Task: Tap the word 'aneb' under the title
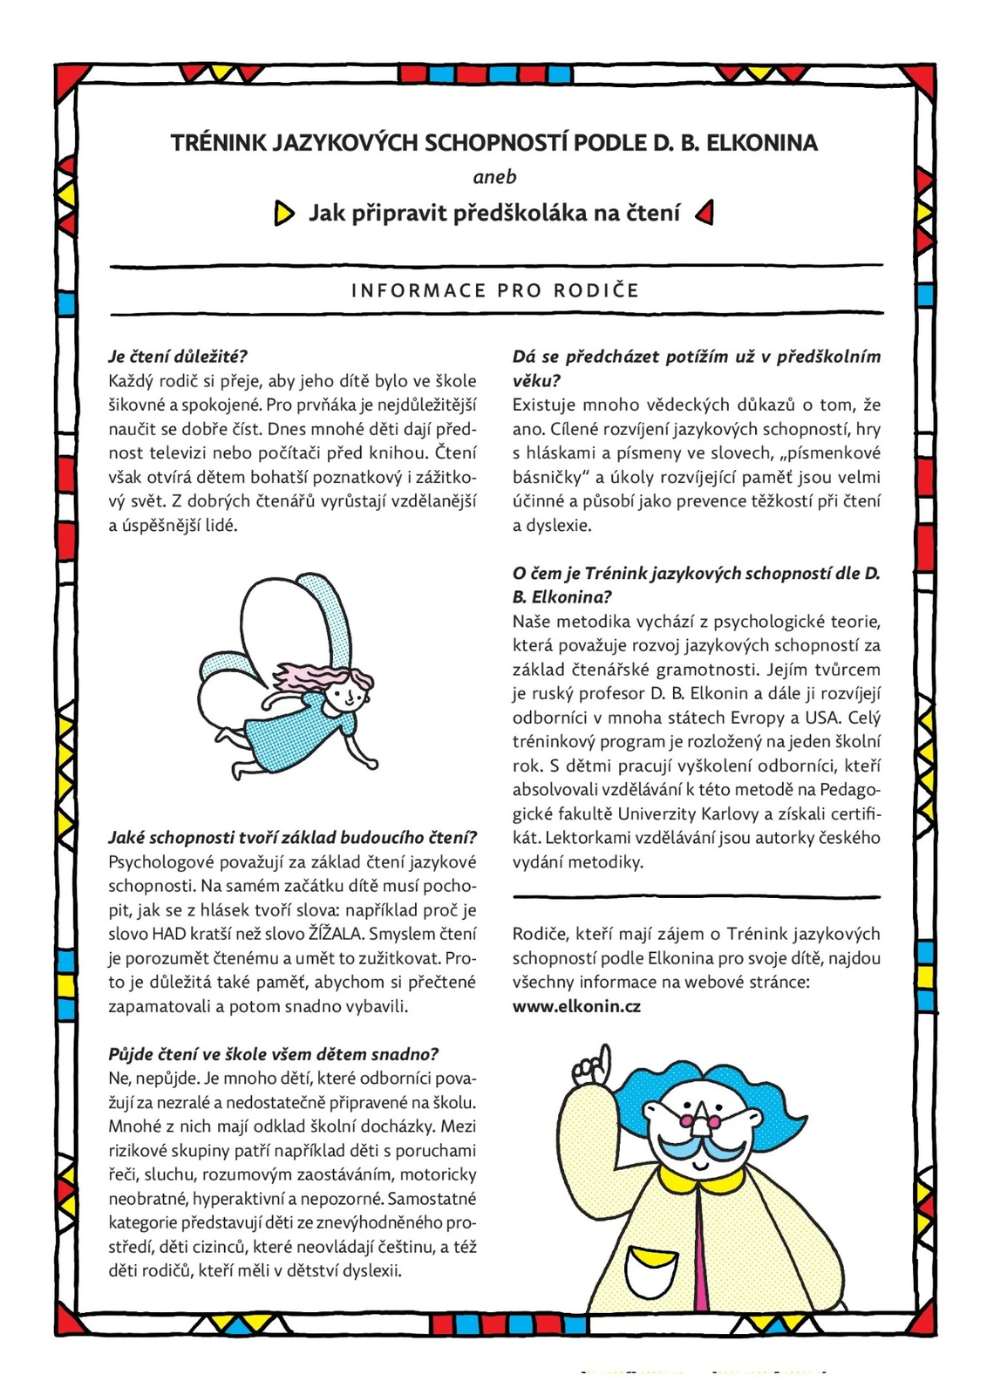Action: [x=494, y=177]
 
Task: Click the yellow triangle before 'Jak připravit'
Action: [x=283, y=213]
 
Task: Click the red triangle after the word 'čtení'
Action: [x=705, y=212]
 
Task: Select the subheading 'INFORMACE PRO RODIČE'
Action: [x=495, y=290]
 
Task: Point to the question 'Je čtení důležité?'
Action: [x=178, y=356]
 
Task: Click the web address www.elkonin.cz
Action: [x=576, y=1006]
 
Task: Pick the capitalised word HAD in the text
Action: [x=169, y=934]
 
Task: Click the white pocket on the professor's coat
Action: [x=650, y=1275]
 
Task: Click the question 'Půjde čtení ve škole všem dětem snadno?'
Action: [x=273, y=1054]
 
